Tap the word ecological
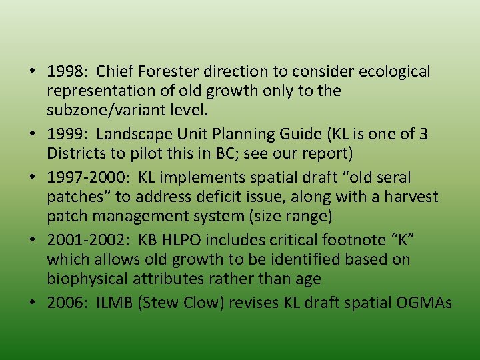coord(395,71)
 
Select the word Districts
coord(76,153)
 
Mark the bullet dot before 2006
coord(33,303)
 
